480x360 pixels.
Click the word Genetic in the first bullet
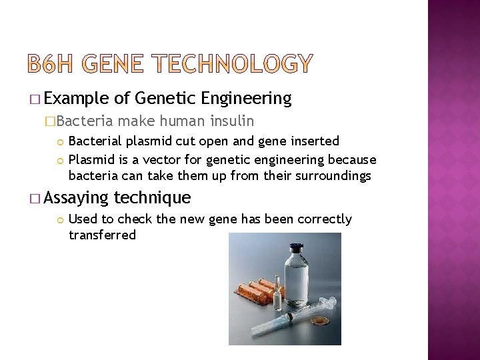pyautogui.click(x=165, y=99)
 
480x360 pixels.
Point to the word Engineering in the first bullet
pyautogui.click(x=246, y=99)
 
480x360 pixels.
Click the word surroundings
pyautogui.click(x=331, y=176)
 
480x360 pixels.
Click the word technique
pyautogui.click(x=153, y=197)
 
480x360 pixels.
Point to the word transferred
pyautogui.click(x=102, y=235)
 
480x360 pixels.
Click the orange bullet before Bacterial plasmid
pyautogui.click(x=60, y=141)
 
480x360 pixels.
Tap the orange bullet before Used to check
pyautogui.click(x=60, y=219)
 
